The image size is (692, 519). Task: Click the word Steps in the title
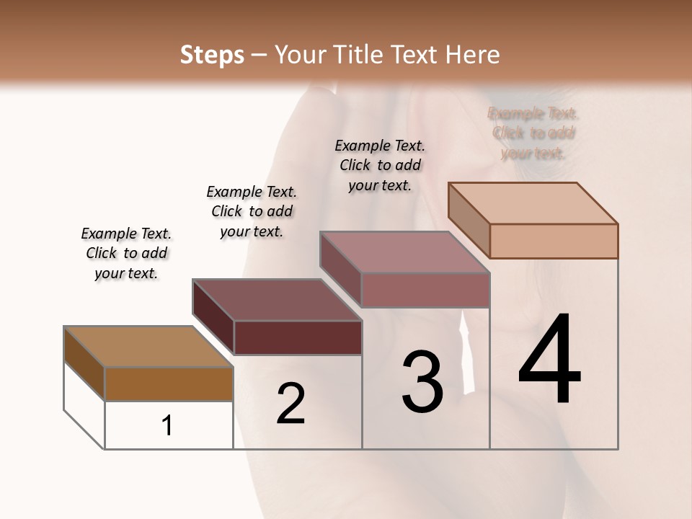[x=212, y=55]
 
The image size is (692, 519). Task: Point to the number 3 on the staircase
[x=422, y=381]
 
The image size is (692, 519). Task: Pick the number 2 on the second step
[x=291, y=404]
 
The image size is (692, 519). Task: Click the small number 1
[x=167, y=426]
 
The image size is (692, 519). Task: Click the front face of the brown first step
[x=169, y=383]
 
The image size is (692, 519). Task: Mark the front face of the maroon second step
[x=298, y=337]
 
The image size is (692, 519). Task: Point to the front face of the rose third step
[x=425, y=290]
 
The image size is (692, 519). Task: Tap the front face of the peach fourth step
[x=554, y=241]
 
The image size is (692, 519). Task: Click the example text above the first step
[x=126, y=253]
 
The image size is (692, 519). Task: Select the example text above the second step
[x=252, y=211]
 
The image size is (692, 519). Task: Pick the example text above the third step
[x=380, y=165]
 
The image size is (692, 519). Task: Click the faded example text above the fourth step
[x=533, y=133]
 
